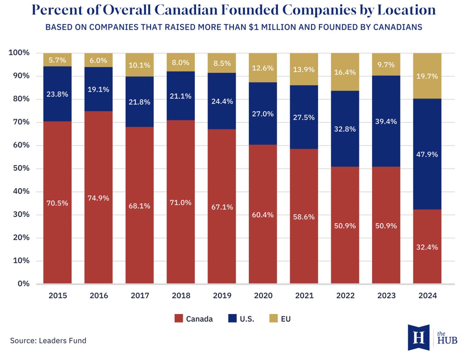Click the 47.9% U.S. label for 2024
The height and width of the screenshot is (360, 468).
[427, 154]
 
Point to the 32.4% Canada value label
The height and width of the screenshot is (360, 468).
[427, 247]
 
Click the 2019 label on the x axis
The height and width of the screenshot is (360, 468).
[222, 296]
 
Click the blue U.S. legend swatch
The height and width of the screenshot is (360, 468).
[232, 319]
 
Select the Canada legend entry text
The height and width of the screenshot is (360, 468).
[199, 319]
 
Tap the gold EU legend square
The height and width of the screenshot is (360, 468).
[273, 319]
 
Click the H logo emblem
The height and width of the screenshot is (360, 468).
[419, 337]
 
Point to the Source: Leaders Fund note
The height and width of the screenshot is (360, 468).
[48, 340]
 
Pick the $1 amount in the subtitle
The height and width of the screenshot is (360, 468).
[254, 27]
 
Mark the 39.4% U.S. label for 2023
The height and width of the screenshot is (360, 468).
[386, 121]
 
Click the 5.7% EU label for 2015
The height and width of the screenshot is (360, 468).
[57, 60]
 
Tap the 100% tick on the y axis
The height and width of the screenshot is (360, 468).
[19, 53]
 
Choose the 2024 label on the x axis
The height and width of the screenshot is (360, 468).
[428, 296]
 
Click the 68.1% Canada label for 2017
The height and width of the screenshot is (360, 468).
[140, 206]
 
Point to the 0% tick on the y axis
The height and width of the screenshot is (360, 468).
[24, 284]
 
